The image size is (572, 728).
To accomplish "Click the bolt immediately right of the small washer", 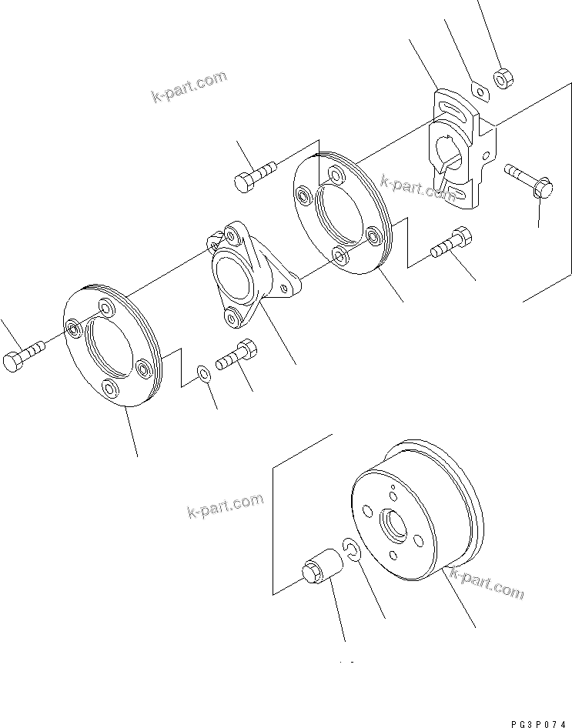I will click(x=238, y=356).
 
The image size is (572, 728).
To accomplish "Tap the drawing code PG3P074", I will click(x=532, y=715).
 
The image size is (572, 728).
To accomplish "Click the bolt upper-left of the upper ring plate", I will click(x=255, y=174).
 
